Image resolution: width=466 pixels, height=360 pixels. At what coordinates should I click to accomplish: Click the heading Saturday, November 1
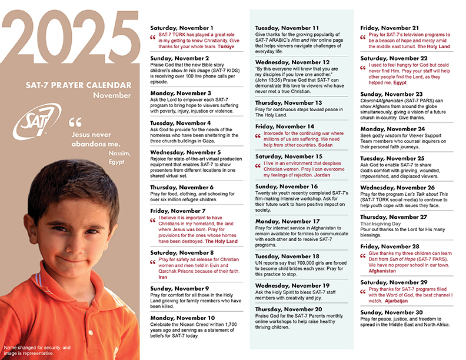[182, 28]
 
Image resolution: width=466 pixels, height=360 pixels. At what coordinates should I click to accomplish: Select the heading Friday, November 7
[177, 210]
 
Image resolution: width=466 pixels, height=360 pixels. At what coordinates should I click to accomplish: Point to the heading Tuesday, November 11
[287, 28]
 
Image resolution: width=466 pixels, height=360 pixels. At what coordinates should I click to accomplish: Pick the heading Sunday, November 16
[287, 186]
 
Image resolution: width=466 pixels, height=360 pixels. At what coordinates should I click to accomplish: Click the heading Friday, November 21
[390, 28]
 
